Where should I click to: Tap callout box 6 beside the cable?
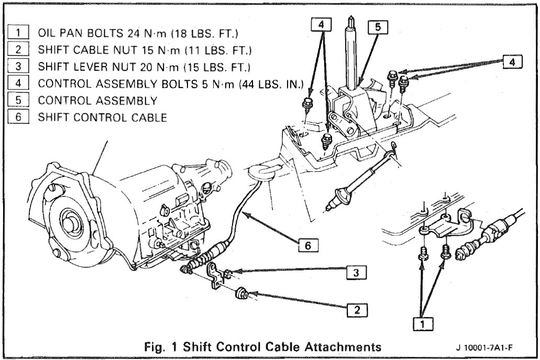(x=308, y=245)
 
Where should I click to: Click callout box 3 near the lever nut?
(x=356, y=272)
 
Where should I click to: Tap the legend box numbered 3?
(x=20, y=67)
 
